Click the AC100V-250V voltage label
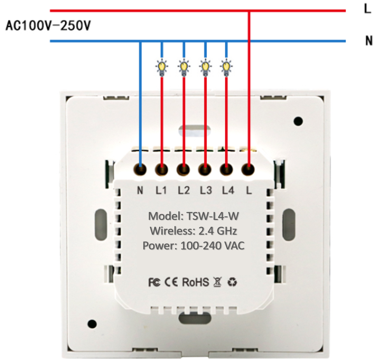[x=48, y=25]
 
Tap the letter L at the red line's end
[x=368, y=9]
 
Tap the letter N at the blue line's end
[x=369, y=41]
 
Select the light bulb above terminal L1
[x=161, y=67]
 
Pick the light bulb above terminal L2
[x=184, y=67]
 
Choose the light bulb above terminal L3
[x=205, y=67]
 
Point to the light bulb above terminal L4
[x=226, y=67]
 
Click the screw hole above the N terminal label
[x=140, y=169]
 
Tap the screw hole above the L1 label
[x=162, y=170]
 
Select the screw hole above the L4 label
[x=226, y=170]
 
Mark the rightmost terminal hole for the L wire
[x=248, y=170]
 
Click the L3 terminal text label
[x=206, y=190]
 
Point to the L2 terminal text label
[x=184, y=190]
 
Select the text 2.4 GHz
[x=218, y=231]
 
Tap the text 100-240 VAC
[x=212, y=245]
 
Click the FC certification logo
[x=154, y=282]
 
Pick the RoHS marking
[x=195, y=282]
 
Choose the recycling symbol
[x=233, y=282]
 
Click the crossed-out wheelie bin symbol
[x=217, y=282]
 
